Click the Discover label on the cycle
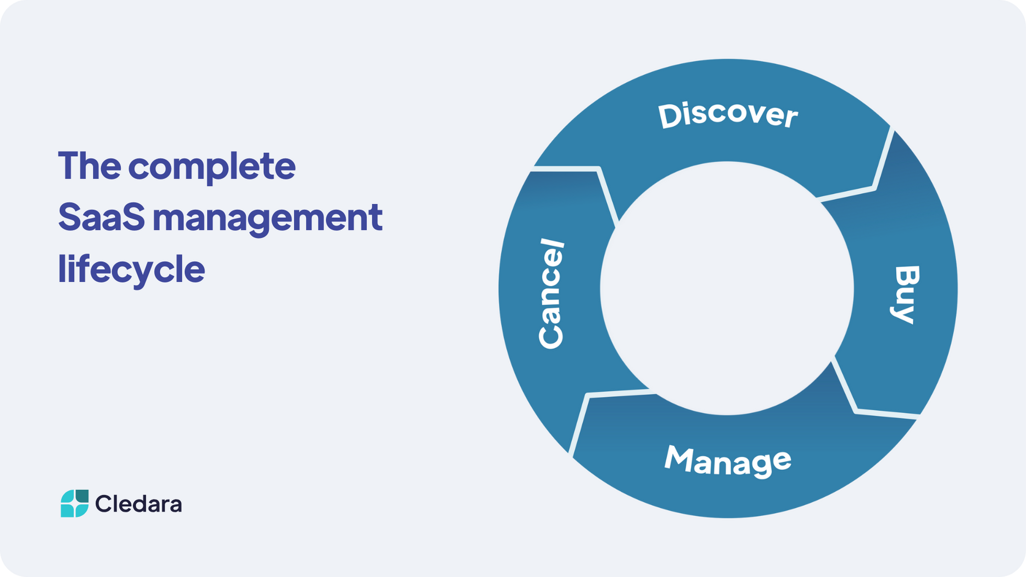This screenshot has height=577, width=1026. click(x=728, y=115)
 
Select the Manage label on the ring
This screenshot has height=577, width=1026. click(x=728, y=461)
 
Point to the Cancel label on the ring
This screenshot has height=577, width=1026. click(x=551, y=293)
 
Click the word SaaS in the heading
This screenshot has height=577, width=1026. click(x=102, y=217)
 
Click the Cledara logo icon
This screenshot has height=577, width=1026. click(x=74, y=504)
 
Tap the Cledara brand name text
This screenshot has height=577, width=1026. click(x=139, y=504)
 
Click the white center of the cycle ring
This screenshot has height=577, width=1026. click(x=727, y=288)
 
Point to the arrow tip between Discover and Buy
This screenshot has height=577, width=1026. click(x=874, y=188)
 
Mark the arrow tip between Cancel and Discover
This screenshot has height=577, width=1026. click(x=598, y=169)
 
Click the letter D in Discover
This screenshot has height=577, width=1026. click(x=670, y=116)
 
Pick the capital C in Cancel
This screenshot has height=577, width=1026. click(x=551, y=336)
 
